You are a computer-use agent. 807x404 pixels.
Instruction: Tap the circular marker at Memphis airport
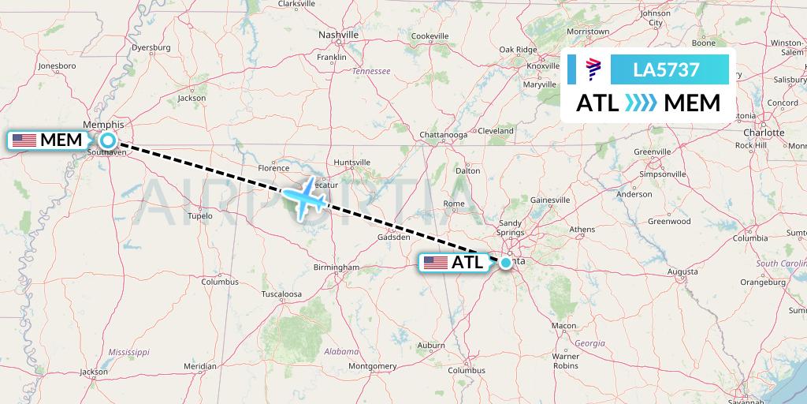(108, 141)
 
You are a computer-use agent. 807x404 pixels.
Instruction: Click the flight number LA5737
(666, 69)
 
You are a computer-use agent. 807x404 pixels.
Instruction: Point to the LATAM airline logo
(593, 69)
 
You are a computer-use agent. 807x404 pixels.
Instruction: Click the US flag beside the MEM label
(24, 140)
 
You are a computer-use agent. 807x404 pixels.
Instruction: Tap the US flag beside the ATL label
(436, 263)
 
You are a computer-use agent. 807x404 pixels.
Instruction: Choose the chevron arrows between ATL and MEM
(639, 103)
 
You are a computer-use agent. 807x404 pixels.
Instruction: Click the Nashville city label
(339, 35)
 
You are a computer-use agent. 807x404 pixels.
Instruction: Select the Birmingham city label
(336, 267)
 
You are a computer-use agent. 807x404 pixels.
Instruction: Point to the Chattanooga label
(444, 134)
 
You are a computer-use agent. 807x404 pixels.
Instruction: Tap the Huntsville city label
(351, 163)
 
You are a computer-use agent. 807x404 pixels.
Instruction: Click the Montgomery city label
(372, 366)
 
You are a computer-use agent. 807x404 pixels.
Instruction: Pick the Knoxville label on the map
(542, 65)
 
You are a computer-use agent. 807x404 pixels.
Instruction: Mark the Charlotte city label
(764, 133)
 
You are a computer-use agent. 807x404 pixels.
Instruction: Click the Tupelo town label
(199, 215)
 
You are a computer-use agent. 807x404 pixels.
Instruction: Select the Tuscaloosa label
(281, 294)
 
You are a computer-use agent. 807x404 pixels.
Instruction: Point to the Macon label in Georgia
(563, 325)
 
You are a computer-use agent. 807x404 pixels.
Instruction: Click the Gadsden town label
(393, 236)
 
